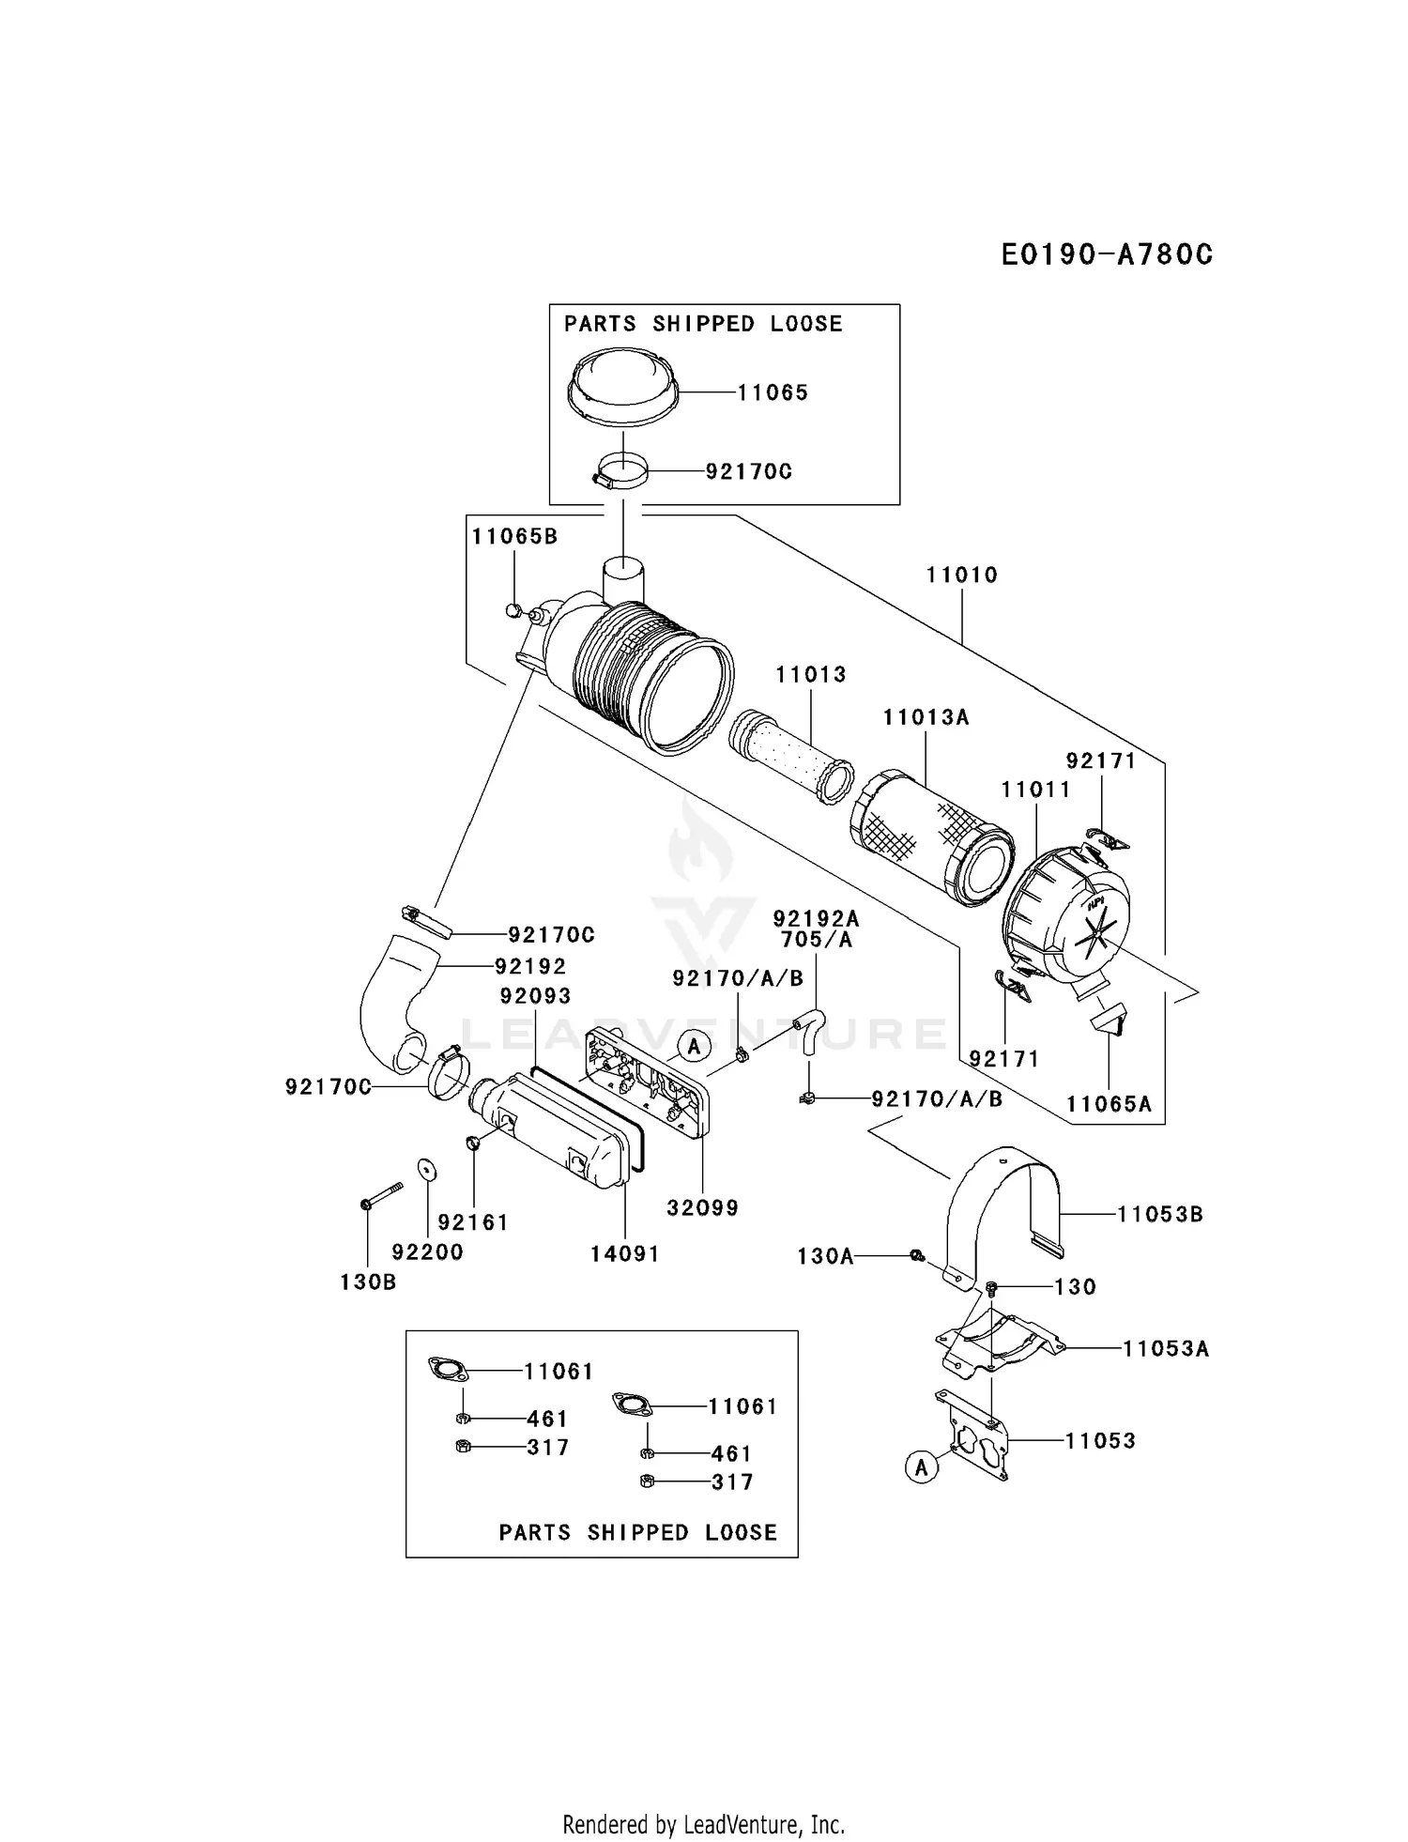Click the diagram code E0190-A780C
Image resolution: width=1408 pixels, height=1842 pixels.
1107,254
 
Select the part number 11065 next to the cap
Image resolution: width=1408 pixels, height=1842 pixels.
773,393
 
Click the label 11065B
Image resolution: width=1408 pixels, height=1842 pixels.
514,536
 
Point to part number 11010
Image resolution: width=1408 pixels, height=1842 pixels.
962,575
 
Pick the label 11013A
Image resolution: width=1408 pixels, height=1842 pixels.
926,717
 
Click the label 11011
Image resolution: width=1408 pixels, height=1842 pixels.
1035,790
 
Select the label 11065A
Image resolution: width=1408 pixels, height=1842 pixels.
1109,1104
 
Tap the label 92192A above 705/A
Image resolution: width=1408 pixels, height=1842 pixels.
816,918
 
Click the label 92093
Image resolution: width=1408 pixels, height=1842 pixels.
536,995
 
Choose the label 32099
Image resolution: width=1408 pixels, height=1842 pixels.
703,1208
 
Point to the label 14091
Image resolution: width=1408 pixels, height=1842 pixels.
625,1253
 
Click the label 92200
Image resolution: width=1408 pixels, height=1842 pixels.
428,1251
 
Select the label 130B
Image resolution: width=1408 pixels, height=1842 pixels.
368,1282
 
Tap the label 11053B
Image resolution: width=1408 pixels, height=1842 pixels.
1159,1214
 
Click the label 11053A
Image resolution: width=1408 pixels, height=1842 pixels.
1166,1349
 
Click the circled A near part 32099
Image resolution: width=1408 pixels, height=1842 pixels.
694,1045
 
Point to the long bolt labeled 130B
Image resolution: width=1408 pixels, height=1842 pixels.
380,1196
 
